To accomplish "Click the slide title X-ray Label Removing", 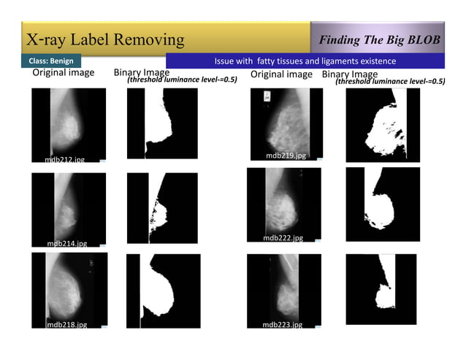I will [x=105, y=38].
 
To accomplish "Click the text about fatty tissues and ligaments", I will [x=305, y=61].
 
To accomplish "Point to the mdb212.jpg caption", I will [x=64, y=159].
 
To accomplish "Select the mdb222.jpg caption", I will [x=283, y=238].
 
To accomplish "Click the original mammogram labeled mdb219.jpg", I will [x=286, y=120].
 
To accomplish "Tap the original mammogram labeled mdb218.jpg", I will [x=69, y=288].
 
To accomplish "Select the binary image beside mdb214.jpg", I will [x=161, y=208].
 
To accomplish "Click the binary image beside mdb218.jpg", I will [x=162, y=289].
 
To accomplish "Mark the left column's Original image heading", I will [x=63, y=74].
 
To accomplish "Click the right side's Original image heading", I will [x=281, y=74].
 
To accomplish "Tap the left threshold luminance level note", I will [x=183, y=80].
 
